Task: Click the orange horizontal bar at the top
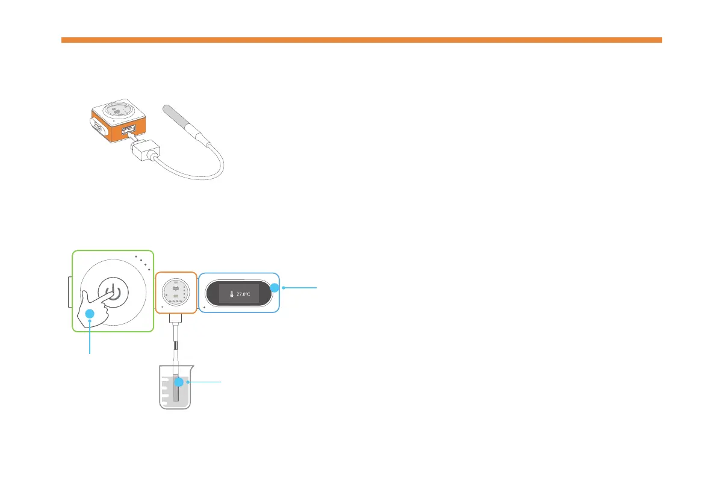(x=361, y=40)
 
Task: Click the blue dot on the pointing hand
(x=90, y=314)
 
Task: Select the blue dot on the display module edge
(x=274, y=288)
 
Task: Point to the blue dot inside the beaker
(x=178, y=382)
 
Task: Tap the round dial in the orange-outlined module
(x=176, y=293)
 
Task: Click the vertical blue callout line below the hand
(x=90, y=337)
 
